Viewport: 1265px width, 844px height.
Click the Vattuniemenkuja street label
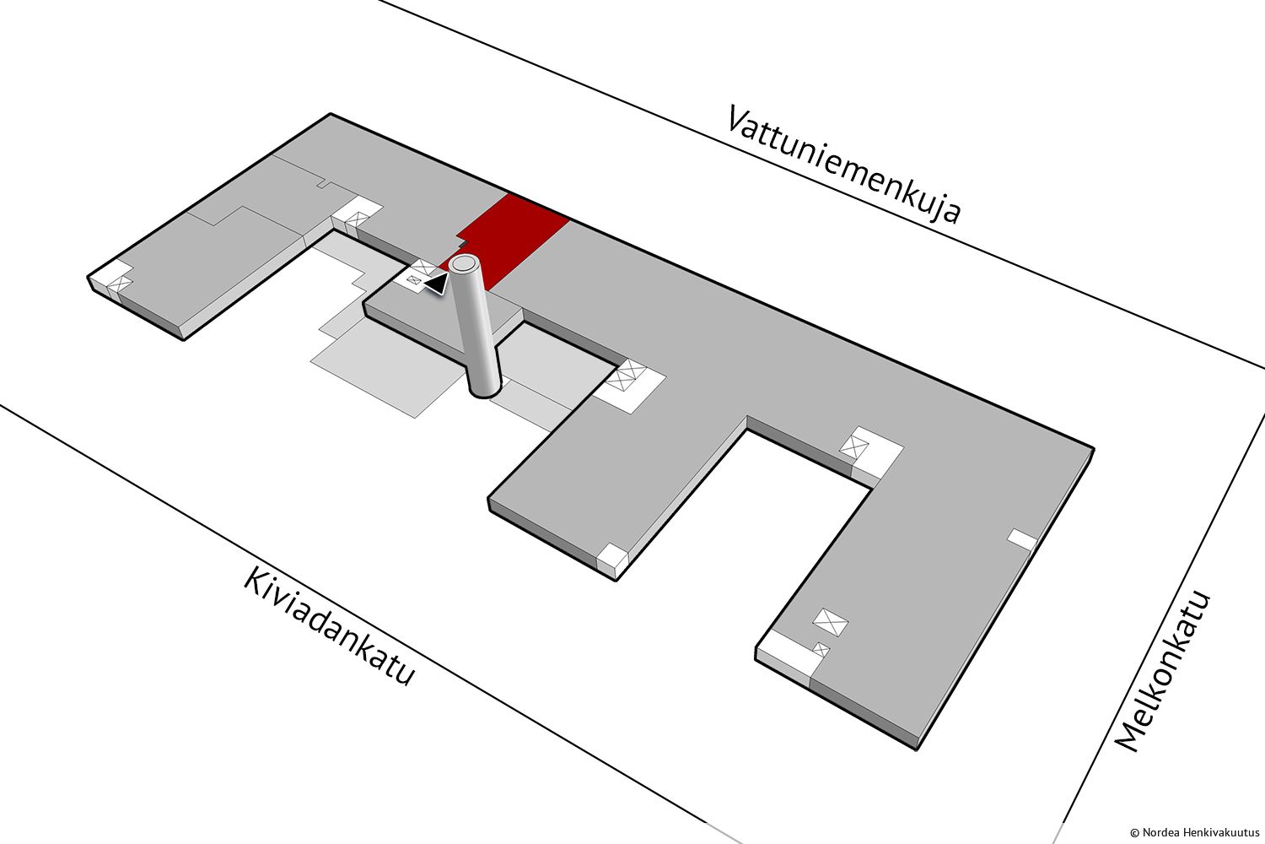(844, 163)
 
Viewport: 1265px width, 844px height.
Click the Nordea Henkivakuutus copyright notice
(1194, 832)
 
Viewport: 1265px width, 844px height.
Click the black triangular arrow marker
(438, 283)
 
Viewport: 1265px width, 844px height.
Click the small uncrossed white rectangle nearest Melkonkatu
(1023, 538)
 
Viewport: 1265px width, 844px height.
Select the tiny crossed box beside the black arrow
(414, 279)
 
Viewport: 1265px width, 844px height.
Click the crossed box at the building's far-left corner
(120, 284)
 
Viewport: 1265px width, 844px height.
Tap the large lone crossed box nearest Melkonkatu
(830, 622)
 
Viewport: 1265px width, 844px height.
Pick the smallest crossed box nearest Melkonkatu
(821, 650)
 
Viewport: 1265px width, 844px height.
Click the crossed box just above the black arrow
(423, 268)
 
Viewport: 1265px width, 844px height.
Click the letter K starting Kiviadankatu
(256, 582)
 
